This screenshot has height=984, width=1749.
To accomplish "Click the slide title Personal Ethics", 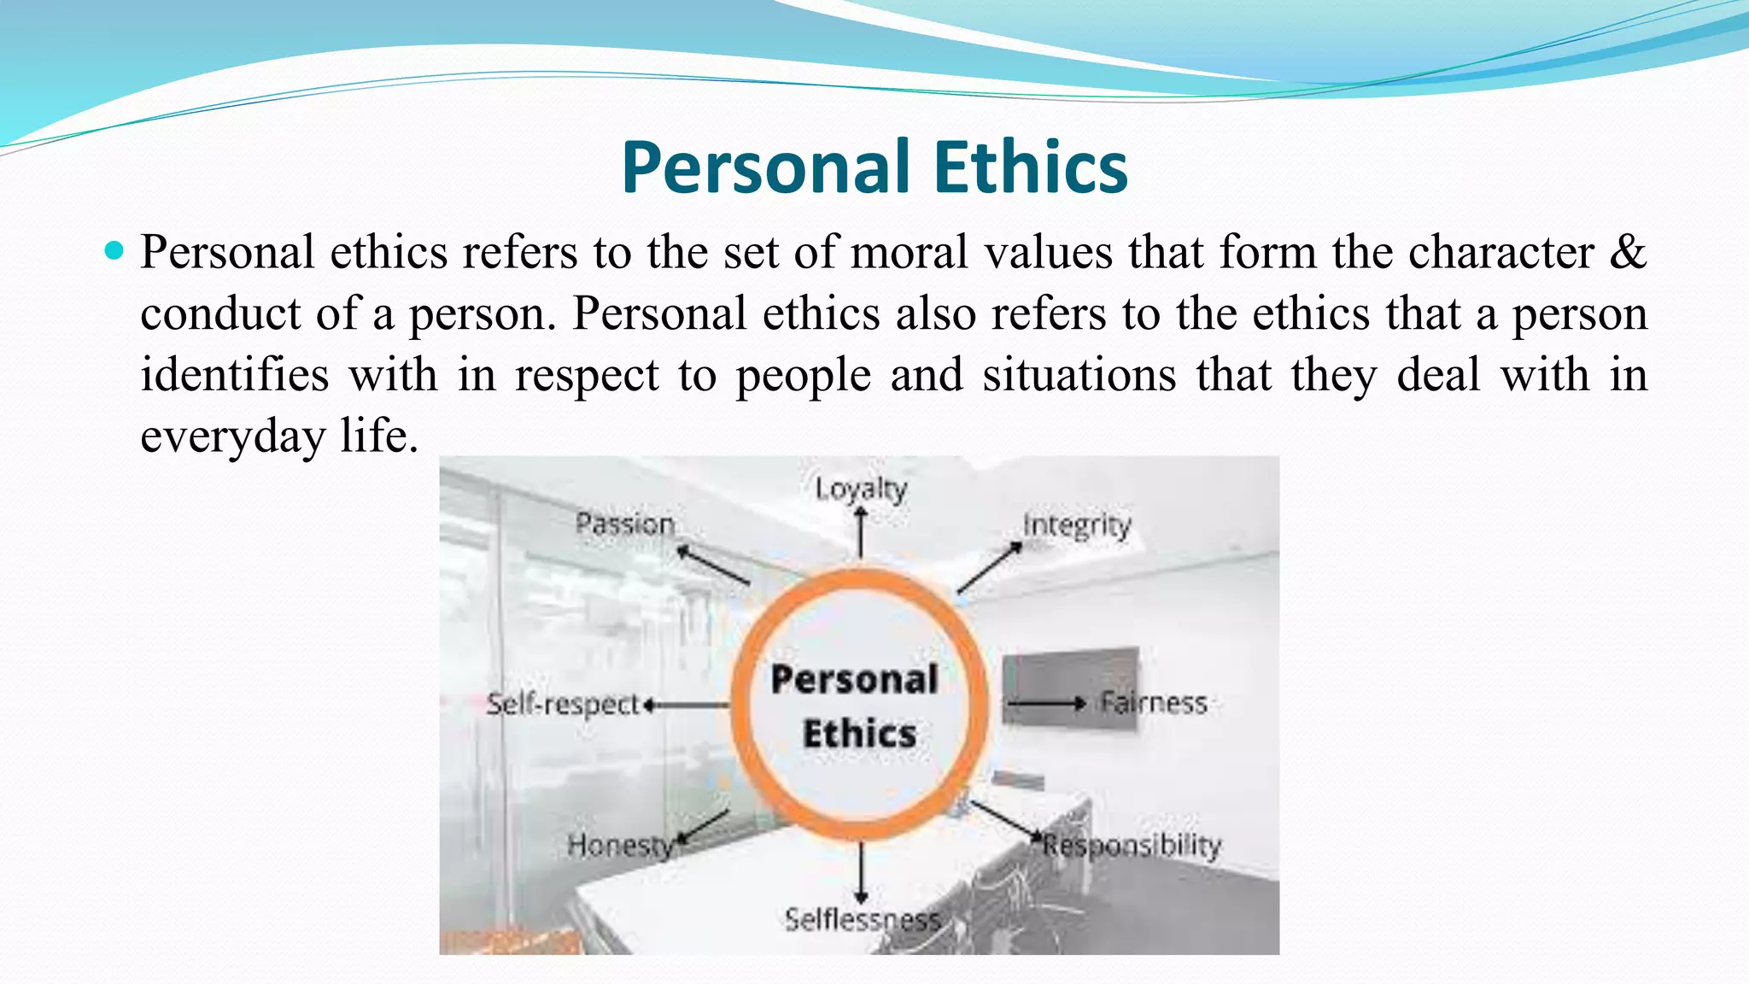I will (874, 167).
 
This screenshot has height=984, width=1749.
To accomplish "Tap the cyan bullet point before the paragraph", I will (114, 251).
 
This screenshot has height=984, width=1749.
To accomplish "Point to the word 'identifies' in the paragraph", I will (234, 375).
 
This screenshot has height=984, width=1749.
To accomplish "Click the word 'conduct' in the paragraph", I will (220, 313).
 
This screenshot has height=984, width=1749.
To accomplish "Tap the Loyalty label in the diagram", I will (860, 489).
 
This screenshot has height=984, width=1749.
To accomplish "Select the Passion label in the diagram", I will (625, 523).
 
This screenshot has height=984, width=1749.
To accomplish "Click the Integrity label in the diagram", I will (1077, 525).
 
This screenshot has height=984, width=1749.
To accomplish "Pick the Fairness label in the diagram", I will (1153, 703).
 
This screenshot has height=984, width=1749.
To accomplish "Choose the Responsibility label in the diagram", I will (1132, 846).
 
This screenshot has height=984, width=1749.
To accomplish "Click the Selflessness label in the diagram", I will (862, 920).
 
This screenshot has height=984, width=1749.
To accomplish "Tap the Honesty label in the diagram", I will (620, 846).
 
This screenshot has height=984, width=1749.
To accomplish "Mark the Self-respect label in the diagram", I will (562, 704).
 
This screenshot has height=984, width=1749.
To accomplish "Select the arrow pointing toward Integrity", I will (989, 568).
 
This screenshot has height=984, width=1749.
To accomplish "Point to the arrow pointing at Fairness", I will (1046, 704).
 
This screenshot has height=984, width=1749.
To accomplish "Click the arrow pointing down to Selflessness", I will (861, 871).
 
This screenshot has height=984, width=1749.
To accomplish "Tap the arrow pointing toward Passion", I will (713, 565).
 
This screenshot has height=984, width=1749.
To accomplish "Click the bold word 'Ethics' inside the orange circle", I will (859, 734).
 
